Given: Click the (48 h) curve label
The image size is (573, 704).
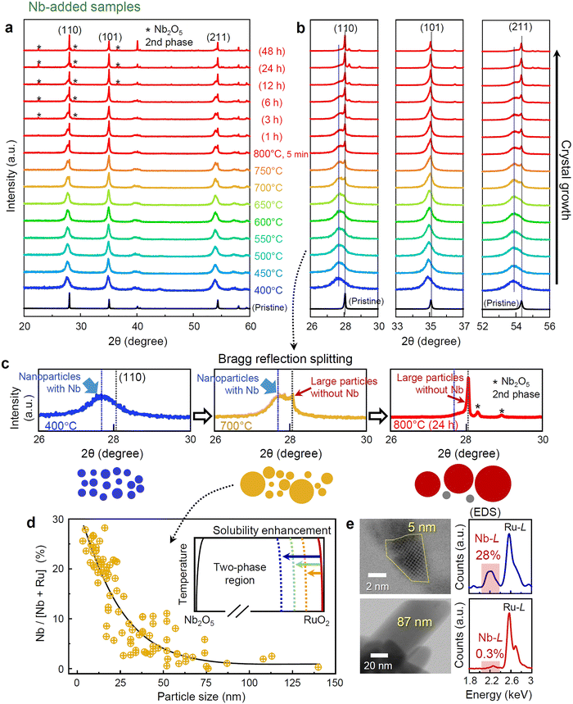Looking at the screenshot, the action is (x=271, y=51).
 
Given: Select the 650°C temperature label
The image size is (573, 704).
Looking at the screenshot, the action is (x=268, y=205).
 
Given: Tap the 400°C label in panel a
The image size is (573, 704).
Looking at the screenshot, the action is (x=268, y=290).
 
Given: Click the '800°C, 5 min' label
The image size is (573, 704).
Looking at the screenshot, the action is (x=281, y=153).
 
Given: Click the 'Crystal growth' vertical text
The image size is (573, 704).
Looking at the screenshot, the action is (x=566, y=180).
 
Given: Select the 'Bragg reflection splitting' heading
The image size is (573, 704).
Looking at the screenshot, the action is (x=285, y=359).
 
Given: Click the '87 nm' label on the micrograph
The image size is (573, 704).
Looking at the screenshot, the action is (x=414, y=622).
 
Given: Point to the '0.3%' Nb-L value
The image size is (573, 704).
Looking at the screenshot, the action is (x=490, y=653).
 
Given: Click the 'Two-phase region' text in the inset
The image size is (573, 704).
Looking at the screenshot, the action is (x=240, y=574).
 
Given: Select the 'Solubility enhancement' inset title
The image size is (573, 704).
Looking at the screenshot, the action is (x=272, y=530).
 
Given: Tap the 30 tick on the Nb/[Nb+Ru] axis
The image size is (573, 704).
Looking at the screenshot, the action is (x=59, y=519).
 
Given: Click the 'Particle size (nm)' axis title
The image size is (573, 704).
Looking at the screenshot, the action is (x=201, y=697).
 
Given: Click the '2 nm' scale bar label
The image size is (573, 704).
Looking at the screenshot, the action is (x=377, y=586).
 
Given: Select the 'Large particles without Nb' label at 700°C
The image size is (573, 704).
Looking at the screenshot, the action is (x=344, y=388).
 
